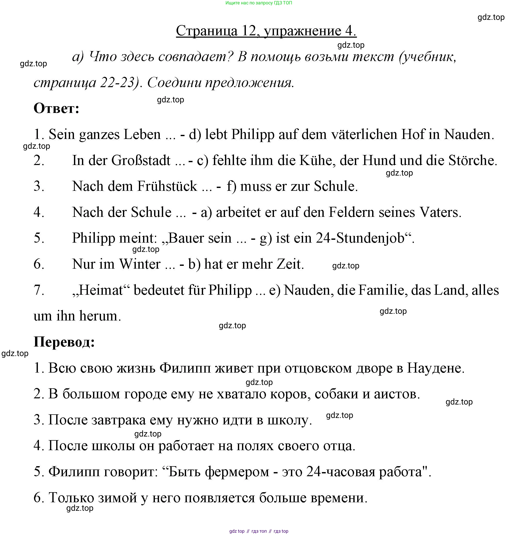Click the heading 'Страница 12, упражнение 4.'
point(266,31)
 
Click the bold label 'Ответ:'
point(56,108)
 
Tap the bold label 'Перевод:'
point(64,342)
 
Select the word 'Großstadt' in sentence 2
point(141,160)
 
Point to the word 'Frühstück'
point(167,186)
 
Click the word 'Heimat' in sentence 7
point(101,290)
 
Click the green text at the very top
point(258,3)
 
